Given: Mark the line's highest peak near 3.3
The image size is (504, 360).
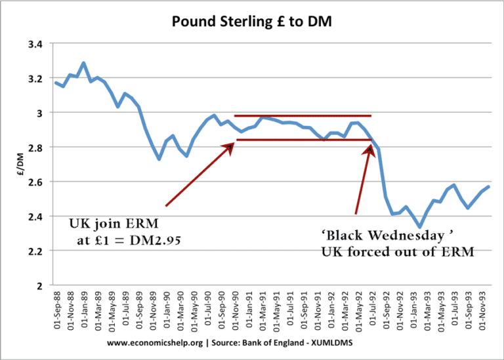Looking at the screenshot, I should pos(83,63).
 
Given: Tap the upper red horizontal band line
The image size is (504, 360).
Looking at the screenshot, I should pos(302,116).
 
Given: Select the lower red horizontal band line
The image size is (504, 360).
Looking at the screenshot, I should pos(302,140).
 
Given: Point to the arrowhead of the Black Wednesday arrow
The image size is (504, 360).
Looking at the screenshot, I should pos(369,147).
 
